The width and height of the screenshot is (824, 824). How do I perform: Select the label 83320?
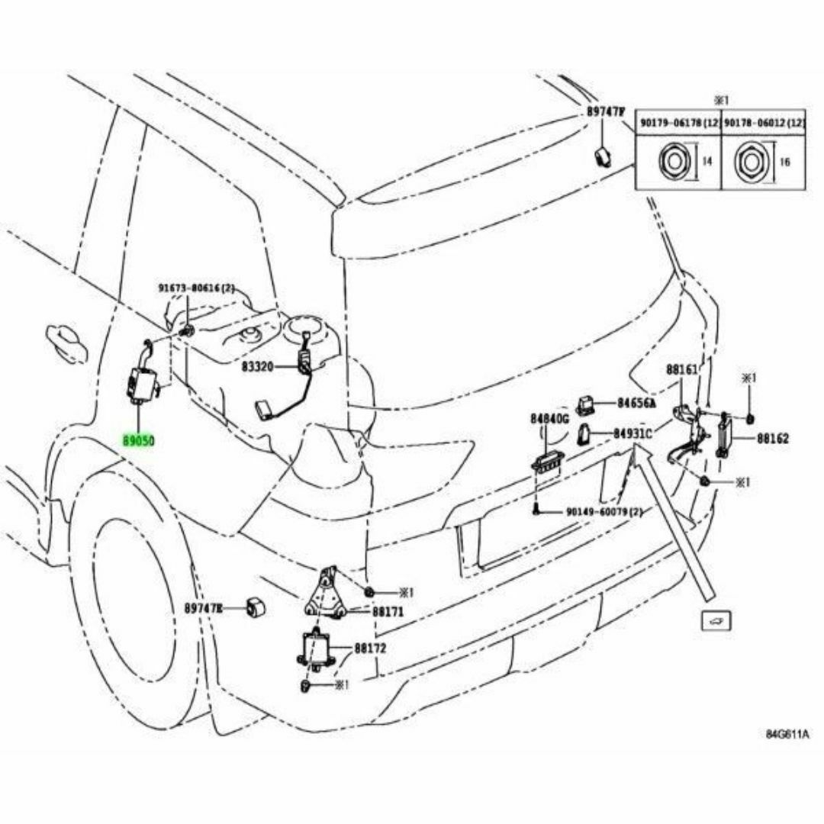point(257,367)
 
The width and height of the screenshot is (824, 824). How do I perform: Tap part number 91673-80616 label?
point(197,288)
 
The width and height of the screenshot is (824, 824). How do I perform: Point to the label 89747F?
point(606,111)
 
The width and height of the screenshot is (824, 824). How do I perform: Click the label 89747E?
point(203,608)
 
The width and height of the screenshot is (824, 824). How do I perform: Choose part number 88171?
point(388,612)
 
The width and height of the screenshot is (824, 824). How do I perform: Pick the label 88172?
point(371,649)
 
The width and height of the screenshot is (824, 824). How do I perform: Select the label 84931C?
point(632,433)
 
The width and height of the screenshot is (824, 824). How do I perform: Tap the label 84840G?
point(549,419)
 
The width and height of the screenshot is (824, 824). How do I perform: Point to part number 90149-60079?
point(604,512)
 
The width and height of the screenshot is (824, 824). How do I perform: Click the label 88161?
point(681,369)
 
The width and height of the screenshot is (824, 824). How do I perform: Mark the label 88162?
point(773,439)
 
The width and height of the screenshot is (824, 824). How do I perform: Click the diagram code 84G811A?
point(787,735)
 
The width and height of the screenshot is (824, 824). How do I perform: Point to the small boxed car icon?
point(717,621)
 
